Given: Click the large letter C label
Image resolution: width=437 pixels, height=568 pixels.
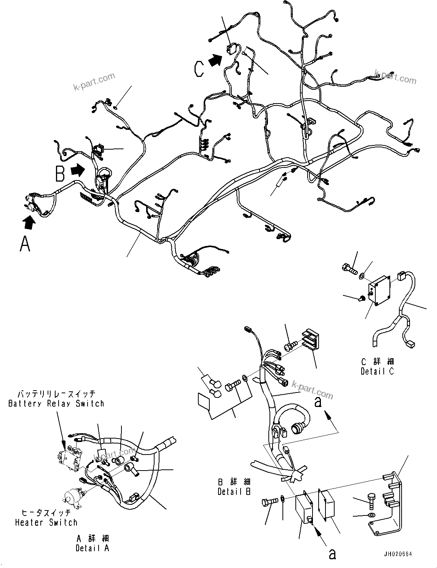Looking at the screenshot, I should click(199, 69).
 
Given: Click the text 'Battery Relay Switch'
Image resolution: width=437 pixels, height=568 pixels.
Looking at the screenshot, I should click(56, 404).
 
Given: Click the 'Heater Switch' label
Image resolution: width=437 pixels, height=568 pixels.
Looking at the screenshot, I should click(46, 523).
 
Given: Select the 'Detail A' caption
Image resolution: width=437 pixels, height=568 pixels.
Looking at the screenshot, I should click(92, 548).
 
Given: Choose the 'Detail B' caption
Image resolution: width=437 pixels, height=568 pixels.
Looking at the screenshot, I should click(234, 491).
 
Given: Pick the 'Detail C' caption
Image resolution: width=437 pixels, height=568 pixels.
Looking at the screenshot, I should click(377, 371).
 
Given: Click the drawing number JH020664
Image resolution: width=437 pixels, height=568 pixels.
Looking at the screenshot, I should click(398, 554).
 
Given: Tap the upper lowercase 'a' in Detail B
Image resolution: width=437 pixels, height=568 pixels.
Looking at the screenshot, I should click(318, 401).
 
